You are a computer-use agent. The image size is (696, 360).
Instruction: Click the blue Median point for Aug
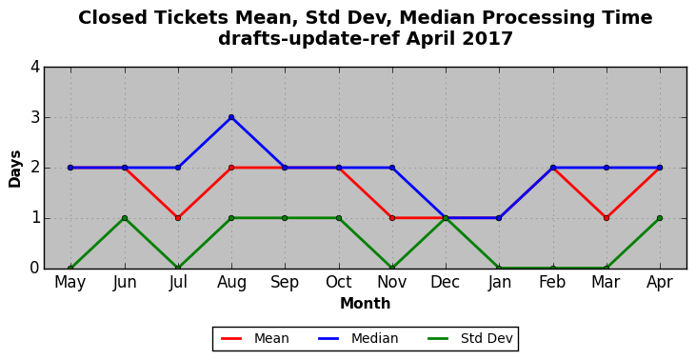[231, 118]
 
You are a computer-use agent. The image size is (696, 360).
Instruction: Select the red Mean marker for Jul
[178, 218]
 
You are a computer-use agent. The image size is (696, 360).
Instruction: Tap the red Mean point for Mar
[607, 218]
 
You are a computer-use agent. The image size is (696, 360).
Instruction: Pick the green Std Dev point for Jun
[125, 218]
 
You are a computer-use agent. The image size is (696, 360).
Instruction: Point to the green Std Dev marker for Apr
[660, 218]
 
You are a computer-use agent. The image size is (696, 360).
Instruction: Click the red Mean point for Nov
[392, 218]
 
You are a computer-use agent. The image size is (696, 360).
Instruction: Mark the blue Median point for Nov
[392, 168]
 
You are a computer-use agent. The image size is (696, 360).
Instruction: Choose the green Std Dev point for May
[70, 269]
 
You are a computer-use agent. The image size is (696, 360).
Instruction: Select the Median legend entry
[358, 339]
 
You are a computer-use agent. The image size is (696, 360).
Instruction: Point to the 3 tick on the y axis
[35, 118]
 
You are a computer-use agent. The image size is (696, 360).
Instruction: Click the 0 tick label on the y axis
[35, 269]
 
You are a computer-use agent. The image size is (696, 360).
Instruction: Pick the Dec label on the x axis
[446, 282]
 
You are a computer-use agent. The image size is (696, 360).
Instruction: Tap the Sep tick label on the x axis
[285, 283]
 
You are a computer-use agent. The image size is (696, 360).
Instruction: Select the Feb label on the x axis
[552, 282]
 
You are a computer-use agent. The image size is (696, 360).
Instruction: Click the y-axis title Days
[14, 169]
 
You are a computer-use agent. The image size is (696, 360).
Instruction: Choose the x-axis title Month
[366, 304]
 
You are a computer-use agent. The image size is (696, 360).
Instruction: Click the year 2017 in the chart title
[487, 39]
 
